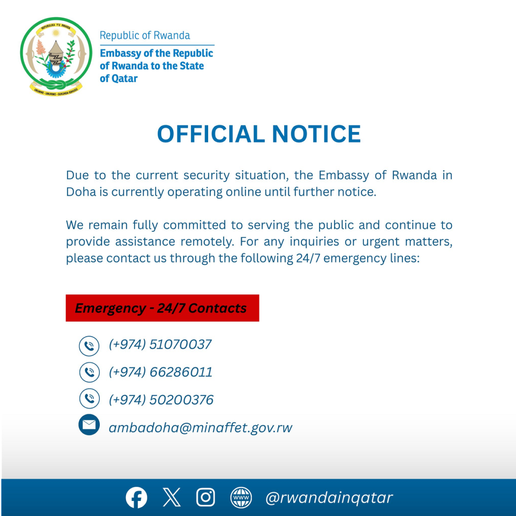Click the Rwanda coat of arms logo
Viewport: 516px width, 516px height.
(x=56, y=55)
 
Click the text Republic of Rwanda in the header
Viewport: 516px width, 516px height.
(x=145, y=36)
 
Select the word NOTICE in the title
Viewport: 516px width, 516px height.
(x=316, y=134)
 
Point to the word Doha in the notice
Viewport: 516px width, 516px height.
(x=81, y=192)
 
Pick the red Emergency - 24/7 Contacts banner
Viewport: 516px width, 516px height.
(x=162, y=308)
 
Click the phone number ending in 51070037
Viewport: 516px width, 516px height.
(x=160, y=345)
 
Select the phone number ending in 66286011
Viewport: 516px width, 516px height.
(x=161, y=372)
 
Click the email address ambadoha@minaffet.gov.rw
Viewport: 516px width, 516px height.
(x=201, y=428)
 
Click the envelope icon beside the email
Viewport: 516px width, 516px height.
(x=89, y=425)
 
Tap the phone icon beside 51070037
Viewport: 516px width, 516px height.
(x=89, y=346)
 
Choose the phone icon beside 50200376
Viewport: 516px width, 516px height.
(x=89, y=399)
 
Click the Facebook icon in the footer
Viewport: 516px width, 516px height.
(x=137, y=498)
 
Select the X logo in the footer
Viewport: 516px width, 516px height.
(x=171, y=498)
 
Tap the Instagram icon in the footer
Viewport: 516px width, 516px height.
(x=206, y=498)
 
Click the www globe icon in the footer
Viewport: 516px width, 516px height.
(x=241, y=498)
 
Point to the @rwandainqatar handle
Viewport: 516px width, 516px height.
(x=329, y=498)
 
